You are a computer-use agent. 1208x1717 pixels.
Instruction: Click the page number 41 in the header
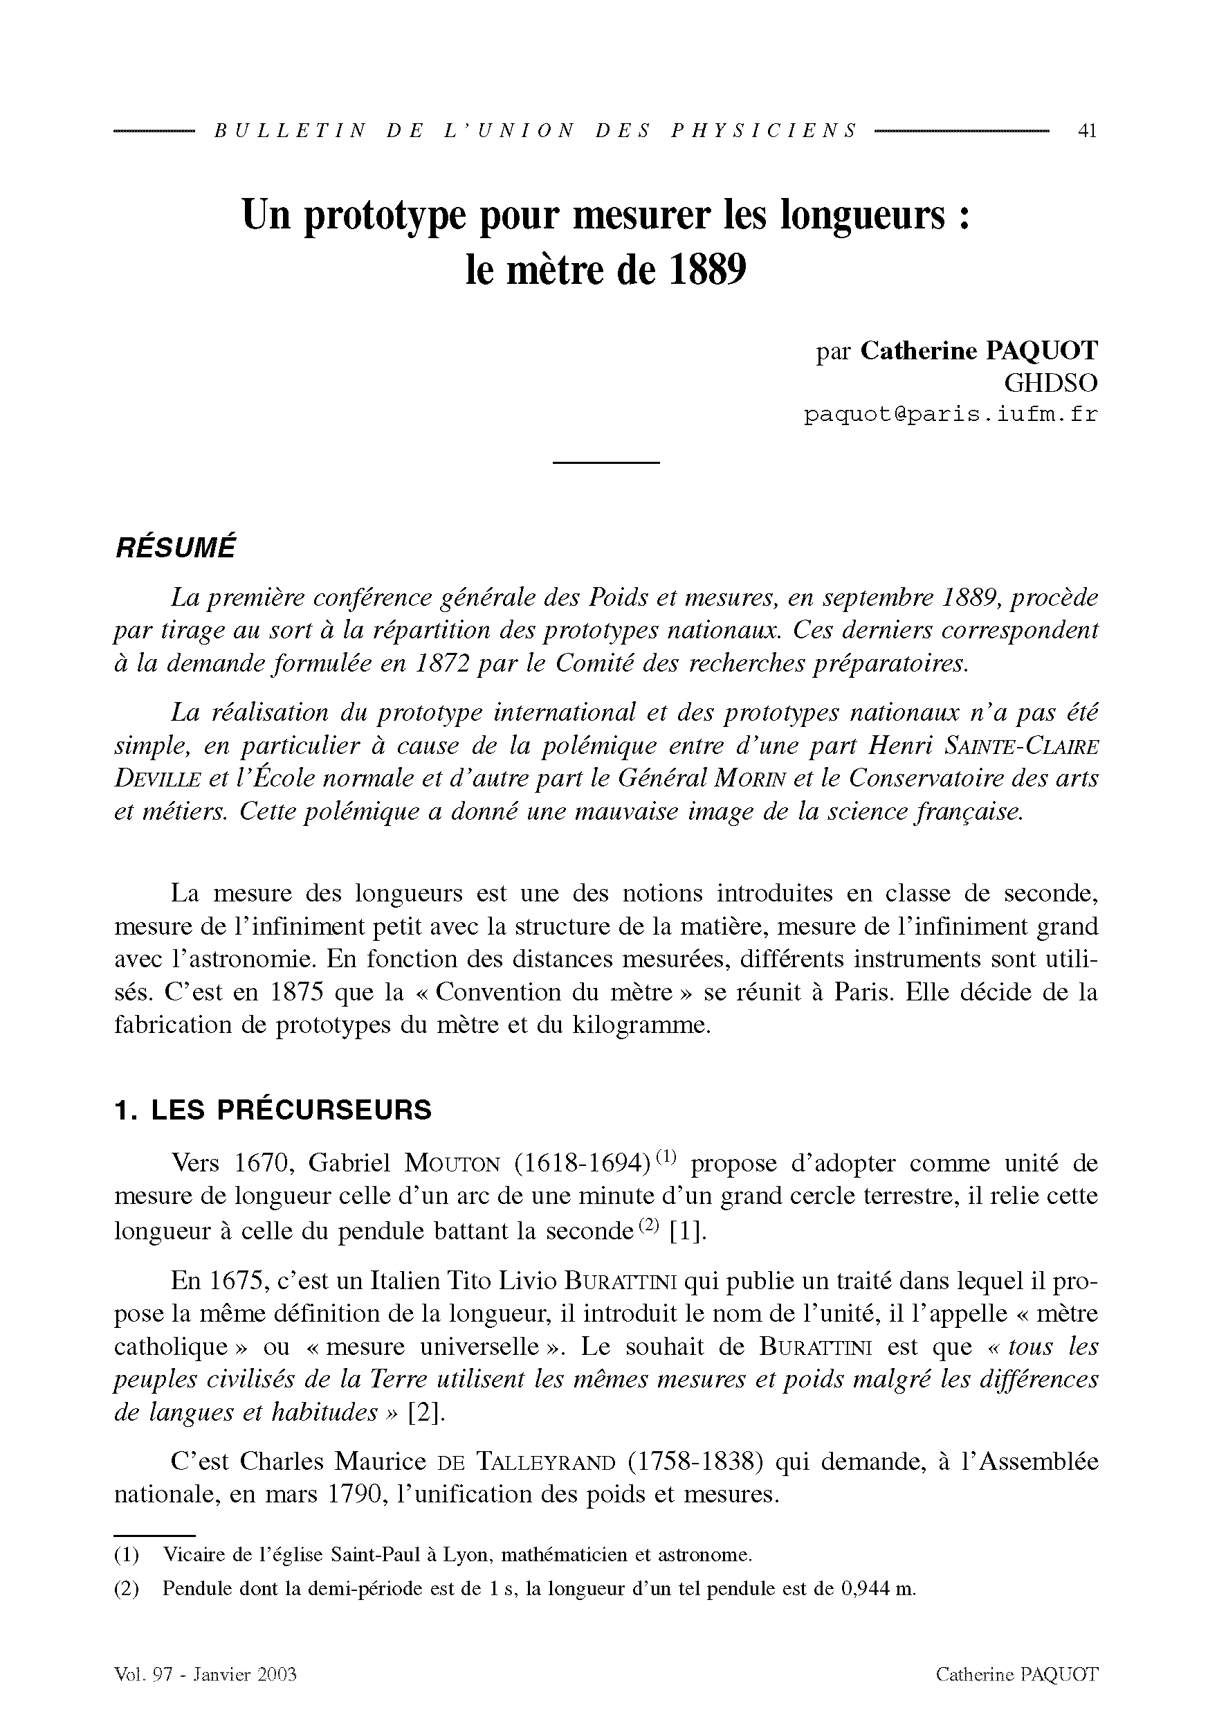click(x=1086, y=131)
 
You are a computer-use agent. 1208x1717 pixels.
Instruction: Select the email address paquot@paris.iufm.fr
click(x=951, y=414)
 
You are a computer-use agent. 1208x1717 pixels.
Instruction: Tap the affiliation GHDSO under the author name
click(x=1050, y=383)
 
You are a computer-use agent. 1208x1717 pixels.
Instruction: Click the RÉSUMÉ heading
click(x=175, y=547)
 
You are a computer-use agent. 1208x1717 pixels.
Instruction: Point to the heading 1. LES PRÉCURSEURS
click(x=273, y=1110)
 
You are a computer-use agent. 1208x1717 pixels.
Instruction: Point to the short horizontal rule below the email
click(x=605, y=463)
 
